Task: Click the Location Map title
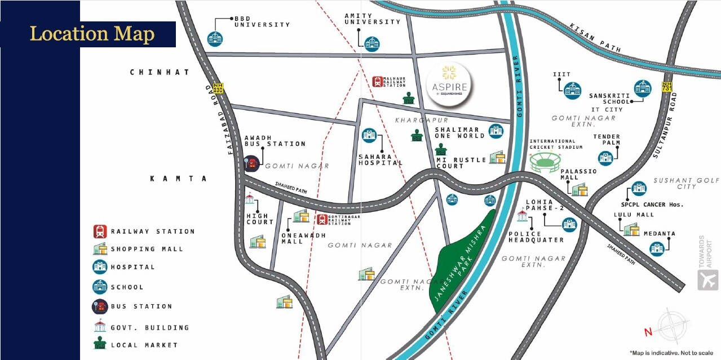pos(92,34)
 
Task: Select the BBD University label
pos(262,21)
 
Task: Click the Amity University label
pos(372,19)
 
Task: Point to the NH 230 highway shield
pos(218,88)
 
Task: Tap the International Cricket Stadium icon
pos(544,163)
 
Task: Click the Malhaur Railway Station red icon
pos(377,82)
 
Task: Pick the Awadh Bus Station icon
pos(251,163)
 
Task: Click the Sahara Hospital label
pos(381,160)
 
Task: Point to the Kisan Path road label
pos(595,38)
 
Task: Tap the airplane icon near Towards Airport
pos(707,280)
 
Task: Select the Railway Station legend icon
pos(100,231)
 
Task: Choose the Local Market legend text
pos(144,345)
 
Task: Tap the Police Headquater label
pos(536,237)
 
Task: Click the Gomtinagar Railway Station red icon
pos(322,219)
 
